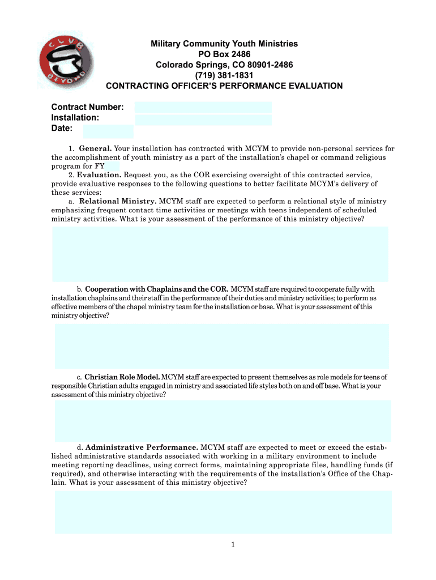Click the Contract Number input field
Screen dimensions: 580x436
[x=203, y=108]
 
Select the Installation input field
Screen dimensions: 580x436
[x=203, y=120]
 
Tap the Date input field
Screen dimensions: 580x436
[x=108, y=131]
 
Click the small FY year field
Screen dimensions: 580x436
[x=112, y=167]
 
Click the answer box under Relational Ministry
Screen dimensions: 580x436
[x=220, y=254]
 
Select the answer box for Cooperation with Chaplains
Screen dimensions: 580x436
[x=222, y=346]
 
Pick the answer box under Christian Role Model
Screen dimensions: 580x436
[x=223, y=421]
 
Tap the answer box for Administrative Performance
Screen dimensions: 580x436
[x=223, y=512]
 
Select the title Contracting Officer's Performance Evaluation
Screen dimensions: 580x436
[x=224, y=86]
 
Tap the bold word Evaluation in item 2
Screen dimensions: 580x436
[x=99, y=175]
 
